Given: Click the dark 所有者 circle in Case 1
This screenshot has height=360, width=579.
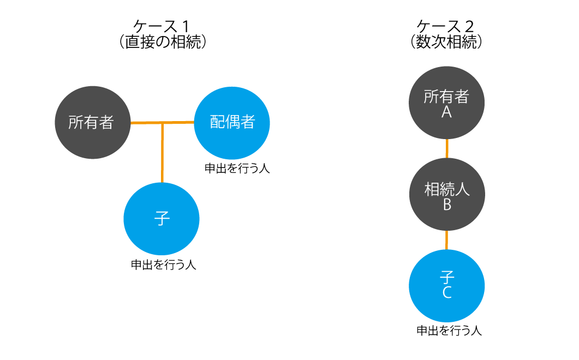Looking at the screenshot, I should [x=92, y=122].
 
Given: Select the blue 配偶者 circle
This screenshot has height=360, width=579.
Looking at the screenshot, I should [x=232, y=122].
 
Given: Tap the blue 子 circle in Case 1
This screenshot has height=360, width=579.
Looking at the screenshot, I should [x=162, y=219].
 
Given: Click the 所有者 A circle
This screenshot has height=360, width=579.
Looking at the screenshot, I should [x=447, y=104].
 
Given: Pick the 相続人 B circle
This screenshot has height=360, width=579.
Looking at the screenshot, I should [x=447, y=196].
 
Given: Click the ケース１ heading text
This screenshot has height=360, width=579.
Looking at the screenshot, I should [x=164, y=26].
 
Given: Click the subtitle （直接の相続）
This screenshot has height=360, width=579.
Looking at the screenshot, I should [x=163, y=42].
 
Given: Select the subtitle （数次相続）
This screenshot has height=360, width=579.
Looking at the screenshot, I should [x=446, y=42].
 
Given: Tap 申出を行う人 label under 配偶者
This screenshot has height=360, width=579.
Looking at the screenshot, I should [x=237, y=169].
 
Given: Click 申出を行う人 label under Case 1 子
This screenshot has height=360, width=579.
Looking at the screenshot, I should [x=163, y=265].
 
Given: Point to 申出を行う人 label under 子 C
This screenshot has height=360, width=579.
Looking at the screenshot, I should [x=449, y=330].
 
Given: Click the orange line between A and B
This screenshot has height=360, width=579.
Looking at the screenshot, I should [x=447, y=149].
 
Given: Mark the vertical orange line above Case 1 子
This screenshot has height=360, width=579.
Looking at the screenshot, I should [x=162, y=153].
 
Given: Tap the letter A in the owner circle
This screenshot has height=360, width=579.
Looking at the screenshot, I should [x=447, y=112].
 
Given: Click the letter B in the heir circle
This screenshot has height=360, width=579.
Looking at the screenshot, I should [x=447, y=205].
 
